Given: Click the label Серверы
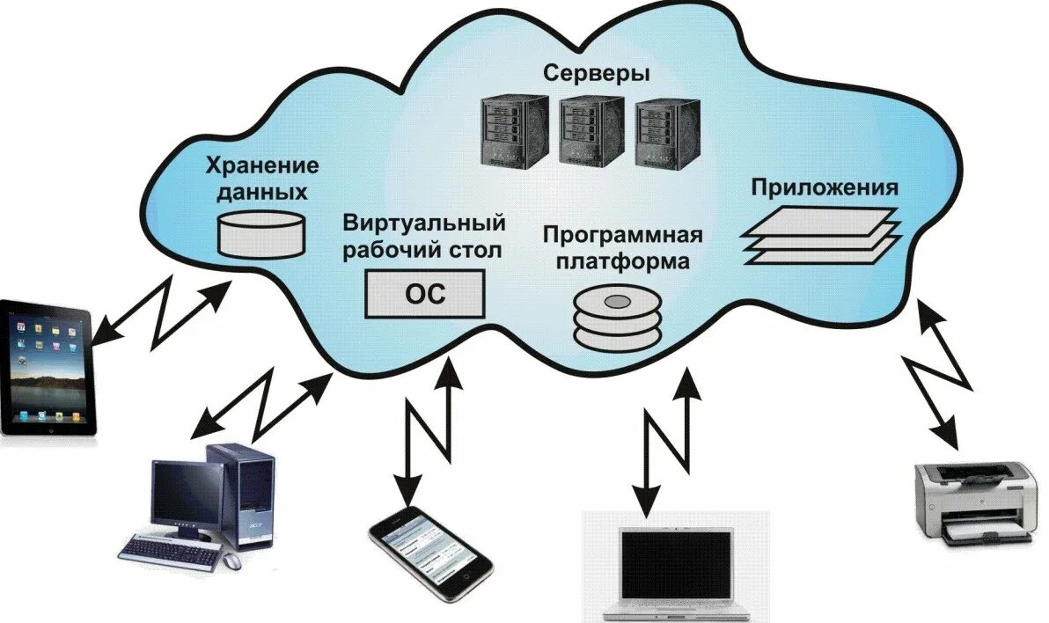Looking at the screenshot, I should (596, 73).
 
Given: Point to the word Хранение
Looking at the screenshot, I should (261, 165).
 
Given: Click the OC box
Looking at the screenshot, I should (425, 294).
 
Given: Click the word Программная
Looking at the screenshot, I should (622, 236).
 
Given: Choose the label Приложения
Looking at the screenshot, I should (824, 187).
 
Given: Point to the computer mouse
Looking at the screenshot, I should (231, 560).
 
